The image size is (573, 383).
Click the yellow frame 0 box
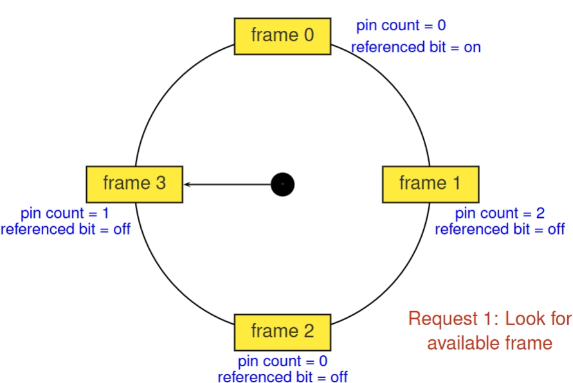pyautogui.click(x=282, y=36)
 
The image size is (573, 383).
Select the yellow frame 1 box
pyautogui.click(x=430, y=184)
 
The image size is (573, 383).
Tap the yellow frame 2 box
pyautogui.click(x=282, y=332)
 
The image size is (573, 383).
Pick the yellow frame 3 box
pyautogui.click(x=134, y=184)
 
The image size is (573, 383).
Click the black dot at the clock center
pyautogui.click(x=282, y=184)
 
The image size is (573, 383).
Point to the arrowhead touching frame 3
pyautogui.click(x=187, y=184)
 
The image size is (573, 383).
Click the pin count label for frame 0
pyautogui.click(x=401, y=26)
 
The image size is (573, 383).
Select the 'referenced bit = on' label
pyautogui.click(x=416, y=47)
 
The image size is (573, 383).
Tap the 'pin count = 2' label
pyautogui.click(x=500, y=213)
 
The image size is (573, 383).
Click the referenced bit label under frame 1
pyautogui.click(x=500, y=229)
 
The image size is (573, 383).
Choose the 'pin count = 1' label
pyautogui.click(x=65, y=213)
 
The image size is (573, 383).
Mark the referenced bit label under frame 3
pyautogui.click(x=66, y=229)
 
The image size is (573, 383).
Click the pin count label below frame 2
pyautogui.click(x=282, y=361)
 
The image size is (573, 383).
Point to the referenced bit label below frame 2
pyautogui.click(x=282, y=377)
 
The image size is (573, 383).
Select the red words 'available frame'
pyautogui.click(x=489, y=343)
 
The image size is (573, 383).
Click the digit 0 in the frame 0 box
pyautogui.click(x=309, y=35)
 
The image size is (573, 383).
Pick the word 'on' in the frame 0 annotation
pyautogui.click(x=472, y=48)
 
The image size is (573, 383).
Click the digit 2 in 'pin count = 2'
pyautogui.click(x=540, y=213)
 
